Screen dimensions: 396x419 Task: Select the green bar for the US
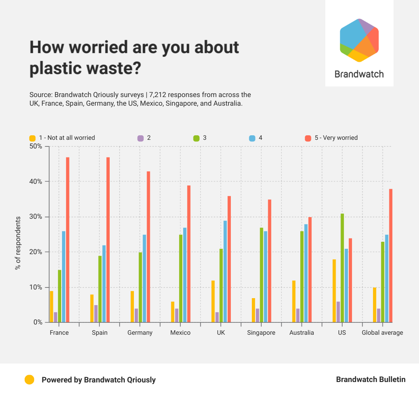coord(342,268)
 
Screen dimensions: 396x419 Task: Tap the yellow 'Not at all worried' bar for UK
coord(213,301)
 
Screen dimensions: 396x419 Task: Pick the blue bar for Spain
coord(104,284)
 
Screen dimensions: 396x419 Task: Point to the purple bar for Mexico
coord(177,315)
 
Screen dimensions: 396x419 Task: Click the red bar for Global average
coord(391,255)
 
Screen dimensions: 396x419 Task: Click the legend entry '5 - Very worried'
coord(336,138)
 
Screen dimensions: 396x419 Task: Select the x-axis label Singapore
coord(261,333)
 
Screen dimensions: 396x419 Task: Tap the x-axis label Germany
coord(140,333)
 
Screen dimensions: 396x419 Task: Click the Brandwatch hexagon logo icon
coord(359,40)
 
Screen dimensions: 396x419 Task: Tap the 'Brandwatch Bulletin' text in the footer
coord(371,380)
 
